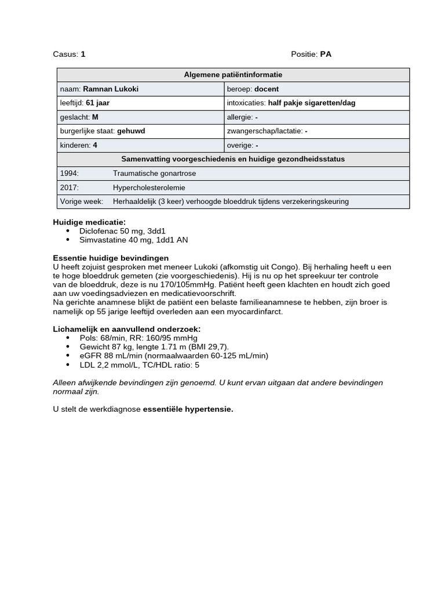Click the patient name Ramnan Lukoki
click(x=111, y=89)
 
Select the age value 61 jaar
click(x=97, y=103)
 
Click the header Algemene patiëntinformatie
click(x=233, y=75)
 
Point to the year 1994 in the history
click(x=70, y=174)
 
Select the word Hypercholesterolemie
click(x=149, y=188)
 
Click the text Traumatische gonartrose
click(x=154, y=174)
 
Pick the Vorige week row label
click(x=82, y=202)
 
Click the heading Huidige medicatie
click(x=89, y=222)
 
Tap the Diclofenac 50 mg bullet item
click(x=122, y=230)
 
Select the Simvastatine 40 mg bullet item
click(x=133, y=240)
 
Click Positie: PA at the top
click(x=311, y=54)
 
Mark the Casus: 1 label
click(x=69, y=54)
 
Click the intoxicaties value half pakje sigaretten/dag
click(x=312, y=103)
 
